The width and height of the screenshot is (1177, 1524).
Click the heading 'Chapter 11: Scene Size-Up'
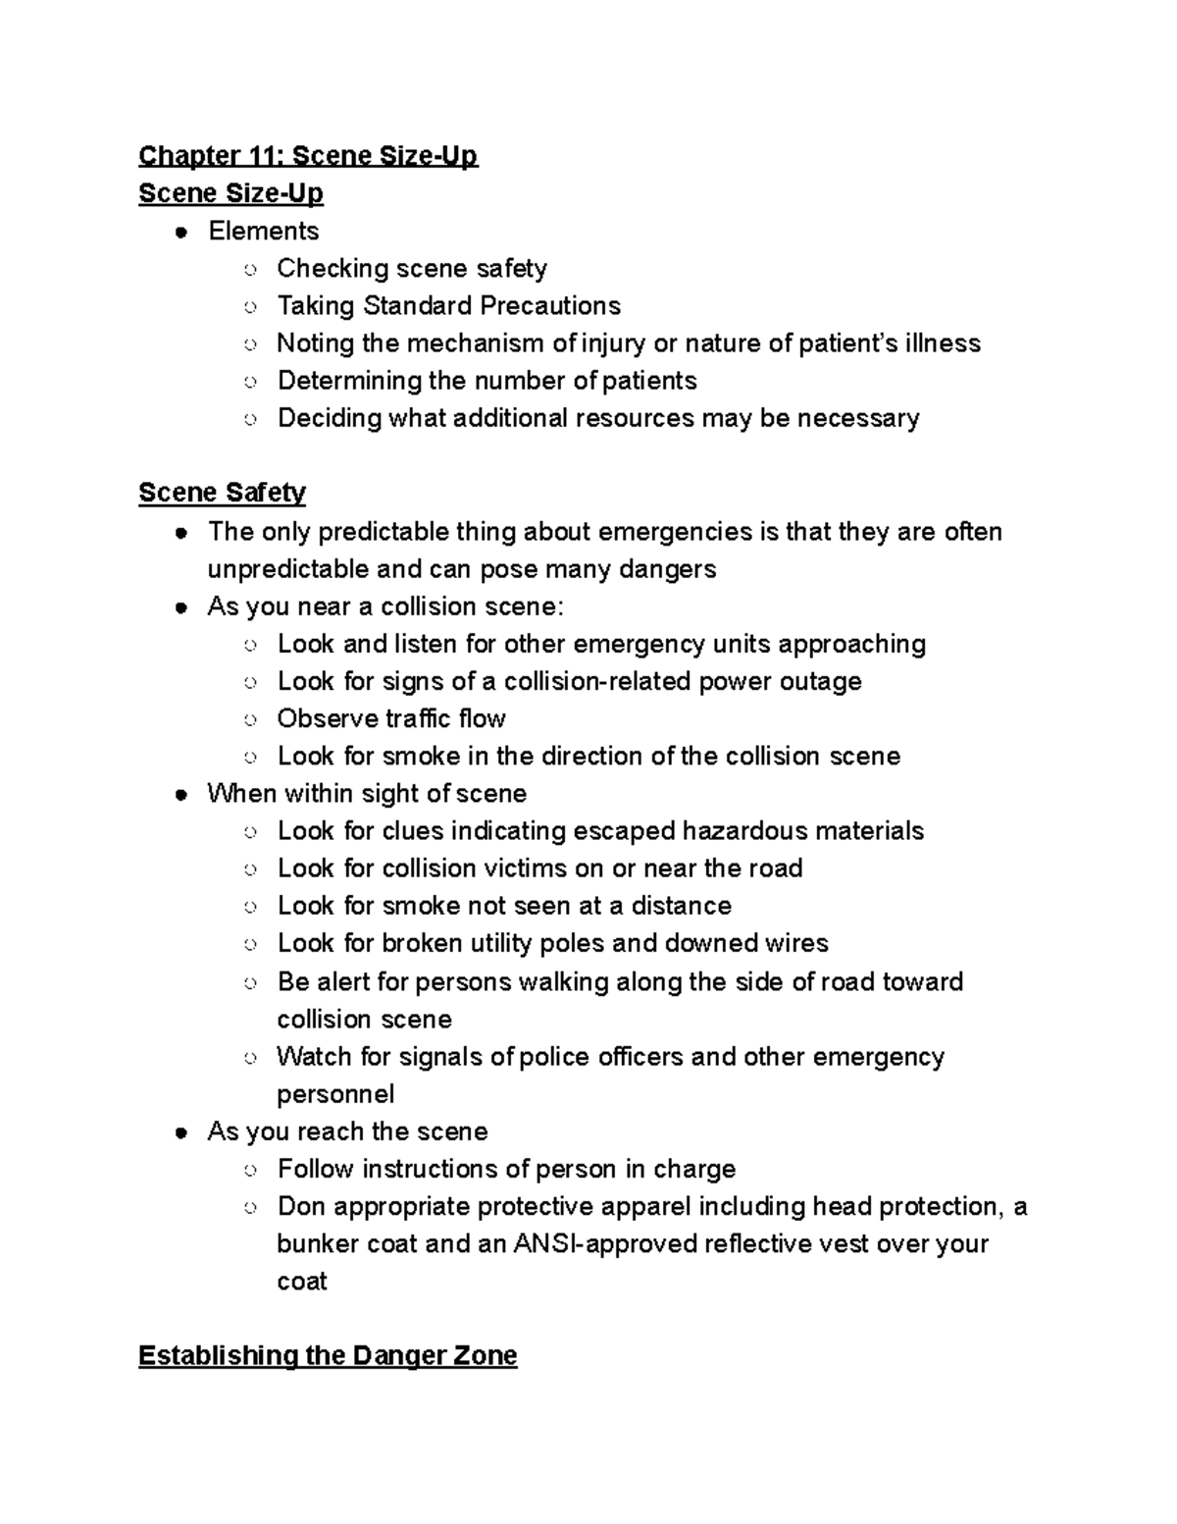click(308, 156)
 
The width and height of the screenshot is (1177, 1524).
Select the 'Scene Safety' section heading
click(222, 492)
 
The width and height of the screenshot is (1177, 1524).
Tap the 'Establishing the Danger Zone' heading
click(328, 1355)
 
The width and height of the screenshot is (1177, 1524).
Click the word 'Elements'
click(263, 231)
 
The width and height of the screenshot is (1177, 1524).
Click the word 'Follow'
click(316, 1169)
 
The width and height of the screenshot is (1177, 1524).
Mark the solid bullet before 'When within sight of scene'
click(180, 794)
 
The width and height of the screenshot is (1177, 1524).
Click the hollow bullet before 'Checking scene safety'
click(250, 269)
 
